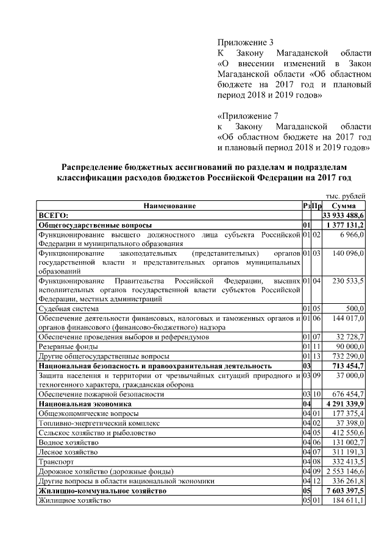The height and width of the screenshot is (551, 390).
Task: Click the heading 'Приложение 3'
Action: pos(246,42)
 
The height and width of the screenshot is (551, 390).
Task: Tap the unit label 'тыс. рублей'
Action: pos(347,197)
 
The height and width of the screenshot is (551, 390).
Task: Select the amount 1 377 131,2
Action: pos(347,225)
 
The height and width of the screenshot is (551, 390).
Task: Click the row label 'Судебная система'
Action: pos(71,309)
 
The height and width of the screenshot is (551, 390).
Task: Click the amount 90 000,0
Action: pos(350,346)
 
